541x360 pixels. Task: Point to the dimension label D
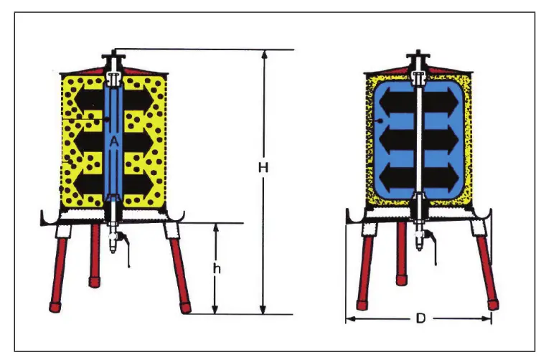pos(420,318)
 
